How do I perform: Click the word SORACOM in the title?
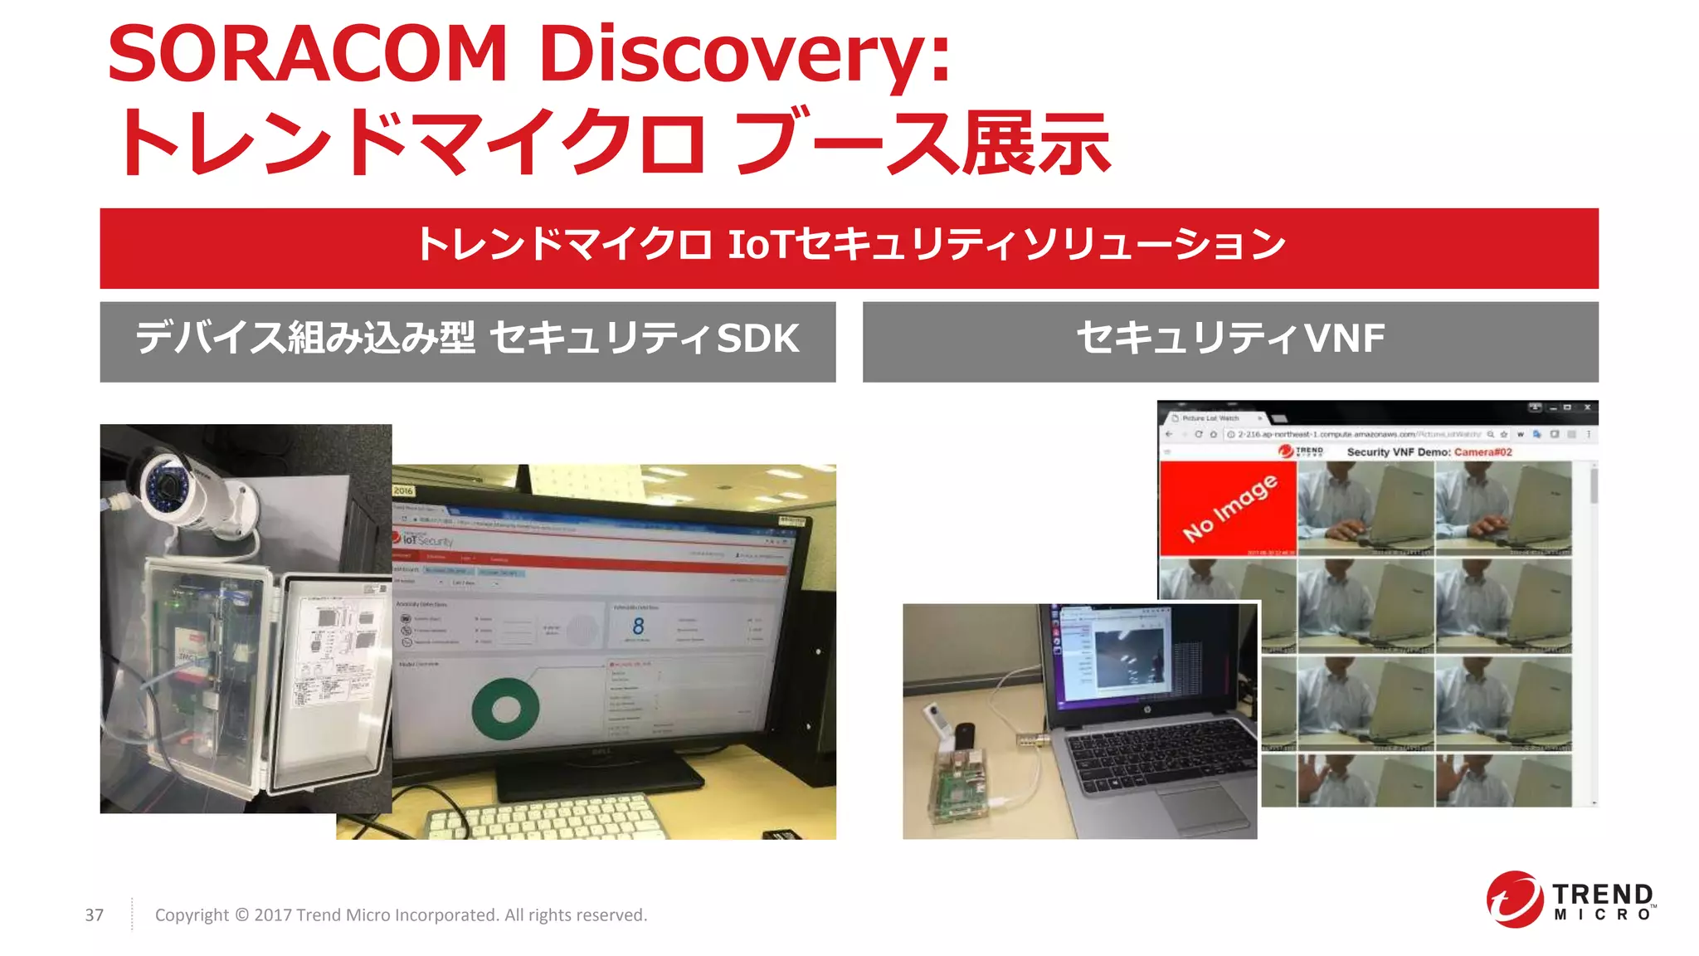click(x=307, y=54)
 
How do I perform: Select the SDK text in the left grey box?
click(x=757, y=339)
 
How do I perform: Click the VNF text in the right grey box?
click(x=1344, y=339)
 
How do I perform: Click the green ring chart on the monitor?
click(x=505, y=710)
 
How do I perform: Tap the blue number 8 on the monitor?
click(x=638, y=626)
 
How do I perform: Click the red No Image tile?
click(x=1228, y=508)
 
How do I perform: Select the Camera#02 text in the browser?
click(x=1482, y=452)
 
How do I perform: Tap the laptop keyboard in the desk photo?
click(x=1161, y=755)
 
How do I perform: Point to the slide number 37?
click(x=95, y=915)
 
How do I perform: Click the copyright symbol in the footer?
click(x=241, y=915)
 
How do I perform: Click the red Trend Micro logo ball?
click(x=1515, y=899)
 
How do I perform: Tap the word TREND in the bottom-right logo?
click(x=1602, y=894)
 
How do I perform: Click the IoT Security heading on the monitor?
click(x=427, y=541)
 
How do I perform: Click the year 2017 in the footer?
click(x=272, y=915)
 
